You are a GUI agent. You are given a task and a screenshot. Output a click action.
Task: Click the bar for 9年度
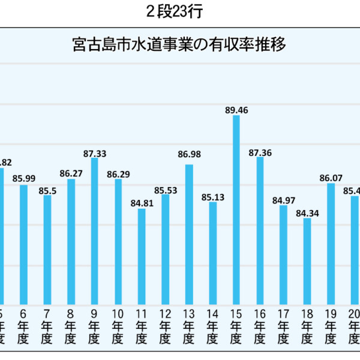(x=94, y=231)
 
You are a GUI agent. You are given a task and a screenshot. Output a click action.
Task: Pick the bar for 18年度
(x=307, y=261)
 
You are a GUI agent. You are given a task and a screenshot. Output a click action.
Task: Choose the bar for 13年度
(x=189, y=234)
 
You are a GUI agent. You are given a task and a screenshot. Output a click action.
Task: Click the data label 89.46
(x=236, y=110)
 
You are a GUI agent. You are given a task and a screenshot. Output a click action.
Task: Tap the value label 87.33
(x=94, y=154)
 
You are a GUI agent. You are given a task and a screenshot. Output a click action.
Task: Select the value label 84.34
(x=307, y=213)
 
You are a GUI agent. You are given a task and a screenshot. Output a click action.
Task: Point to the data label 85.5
(x=47, y=190)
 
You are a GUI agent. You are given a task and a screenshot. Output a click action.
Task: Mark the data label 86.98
(x=189, y=155)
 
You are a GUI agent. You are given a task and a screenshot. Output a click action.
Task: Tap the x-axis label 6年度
(x=23, y=328)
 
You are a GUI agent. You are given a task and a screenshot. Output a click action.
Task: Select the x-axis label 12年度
(x=165, y=328)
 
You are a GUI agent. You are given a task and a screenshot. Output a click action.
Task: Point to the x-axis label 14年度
(x=212, y=328)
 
